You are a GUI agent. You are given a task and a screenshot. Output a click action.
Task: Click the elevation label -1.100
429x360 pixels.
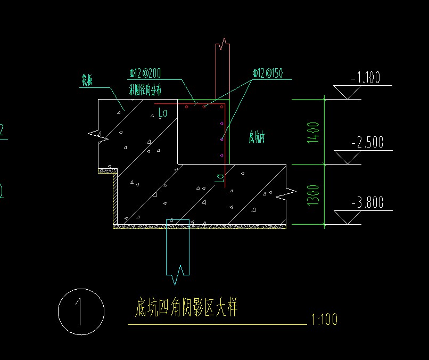[366, 78]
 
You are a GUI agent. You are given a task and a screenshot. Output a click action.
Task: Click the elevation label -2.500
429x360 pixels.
[367, 143]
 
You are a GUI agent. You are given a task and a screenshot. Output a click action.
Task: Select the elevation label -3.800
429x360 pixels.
[367, 203]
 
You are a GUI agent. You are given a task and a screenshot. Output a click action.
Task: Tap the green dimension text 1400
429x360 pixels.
[314, 132]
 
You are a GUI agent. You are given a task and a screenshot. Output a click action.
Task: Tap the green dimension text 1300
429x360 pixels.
[314, 195]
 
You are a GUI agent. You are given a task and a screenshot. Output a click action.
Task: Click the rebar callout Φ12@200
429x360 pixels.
[146, 72]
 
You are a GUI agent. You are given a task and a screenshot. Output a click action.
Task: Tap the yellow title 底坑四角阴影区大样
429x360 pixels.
[186, 308]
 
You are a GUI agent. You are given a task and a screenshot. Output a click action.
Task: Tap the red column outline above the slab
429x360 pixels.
[222, 69]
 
